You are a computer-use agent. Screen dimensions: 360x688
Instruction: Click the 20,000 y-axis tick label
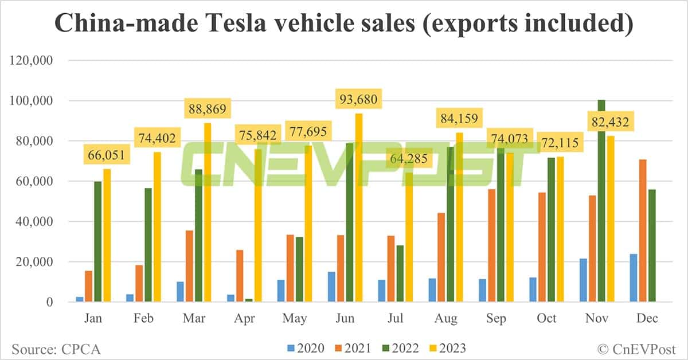(37, 262)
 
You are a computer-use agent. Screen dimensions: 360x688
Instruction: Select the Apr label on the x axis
(244, 318)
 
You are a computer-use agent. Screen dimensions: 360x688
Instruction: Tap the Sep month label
(497, 318)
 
